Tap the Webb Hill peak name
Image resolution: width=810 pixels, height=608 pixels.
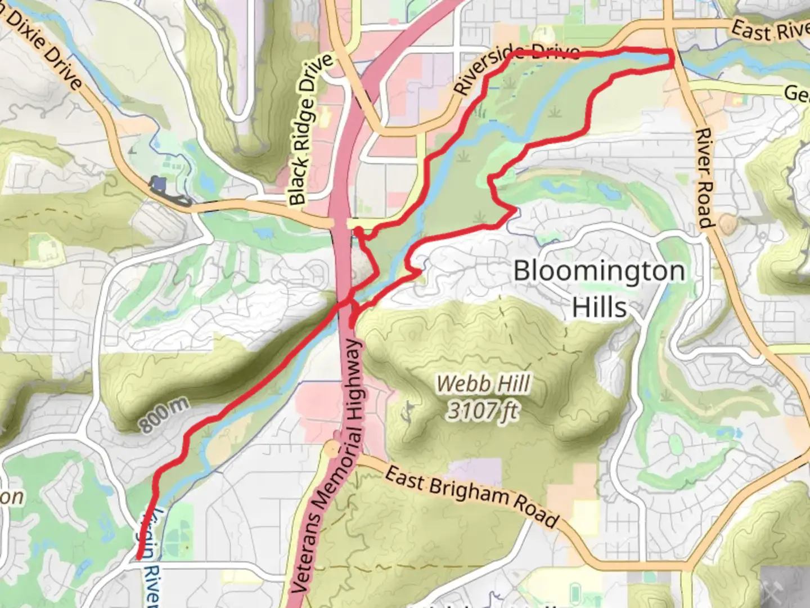(483, 384)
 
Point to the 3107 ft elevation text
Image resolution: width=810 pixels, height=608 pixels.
(483, 410)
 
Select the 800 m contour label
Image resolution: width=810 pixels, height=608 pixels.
(164, 417)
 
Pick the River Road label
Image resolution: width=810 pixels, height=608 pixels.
(705, 178)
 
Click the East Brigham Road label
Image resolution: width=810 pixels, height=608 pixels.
(472, 496)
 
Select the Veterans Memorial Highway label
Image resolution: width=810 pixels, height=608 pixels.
(332, 467)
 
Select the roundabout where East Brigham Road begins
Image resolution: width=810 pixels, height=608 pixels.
(332, 449)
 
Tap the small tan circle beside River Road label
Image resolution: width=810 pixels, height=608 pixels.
(727, 225)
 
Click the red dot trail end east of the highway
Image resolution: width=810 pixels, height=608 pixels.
(352, 325)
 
